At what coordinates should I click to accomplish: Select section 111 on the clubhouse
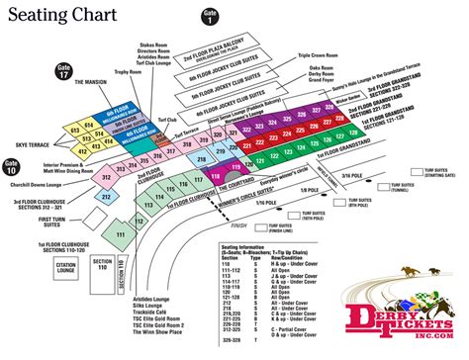point(120,233)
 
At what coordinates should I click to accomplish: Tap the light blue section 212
point(106,196)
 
